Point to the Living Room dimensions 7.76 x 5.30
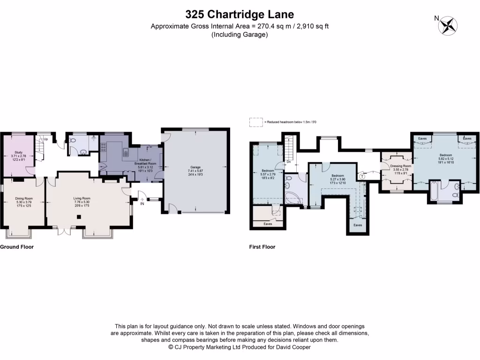click(x=82, y=202)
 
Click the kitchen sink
click(x=126, y=152)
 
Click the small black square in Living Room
click(x=79, y=217)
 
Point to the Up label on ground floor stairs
click(x=46, y=139)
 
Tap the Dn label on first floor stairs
click(x=289, y=162)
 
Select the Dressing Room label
click(x=401, y=166)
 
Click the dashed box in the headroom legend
click(x=255, y=122)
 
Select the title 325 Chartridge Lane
click(x=240, y=14)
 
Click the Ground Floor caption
click(x=17, y=247)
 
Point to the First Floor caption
click(x=262, y=247)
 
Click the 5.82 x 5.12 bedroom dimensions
click(x=445, y=159)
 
